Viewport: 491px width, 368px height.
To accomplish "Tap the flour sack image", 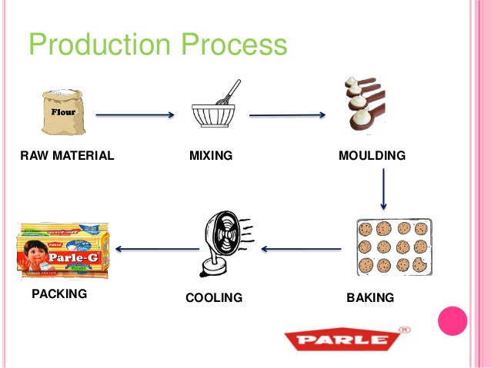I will (x=64, y=114).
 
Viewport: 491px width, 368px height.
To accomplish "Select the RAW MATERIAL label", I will (x=67, y=156).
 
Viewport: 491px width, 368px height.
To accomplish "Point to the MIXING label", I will (x=211, y=156).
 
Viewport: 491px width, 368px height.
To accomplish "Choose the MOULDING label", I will (x=372, y=156).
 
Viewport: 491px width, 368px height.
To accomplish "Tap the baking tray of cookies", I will (x=392, y=247).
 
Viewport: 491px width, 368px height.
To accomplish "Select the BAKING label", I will (x=370, y=297).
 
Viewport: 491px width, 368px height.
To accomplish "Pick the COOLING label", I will (x=214, y=297).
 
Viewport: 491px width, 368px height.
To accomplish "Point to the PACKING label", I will (x=59, y=293).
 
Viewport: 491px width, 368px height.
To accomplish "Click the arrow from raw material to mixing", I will (x=135, y=115).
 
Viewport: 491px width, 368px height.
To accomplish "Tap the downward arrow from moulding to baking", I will (x=383, y=190).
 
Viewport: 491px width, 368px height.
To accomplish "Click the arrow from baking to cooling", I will (x=301, y=249).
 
